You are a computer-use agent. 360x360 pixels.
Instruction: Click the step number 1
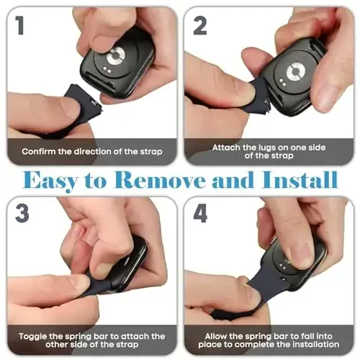19,26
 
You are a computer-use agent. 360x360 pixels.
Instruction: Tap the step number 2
199,26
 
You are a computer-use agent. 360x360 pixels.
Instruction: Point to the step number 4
201,214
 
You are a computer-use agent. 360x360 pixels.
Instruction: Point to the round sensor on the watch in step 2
293,72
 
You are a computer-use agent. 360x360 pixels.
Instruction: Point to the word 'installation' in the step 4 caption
302,346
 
